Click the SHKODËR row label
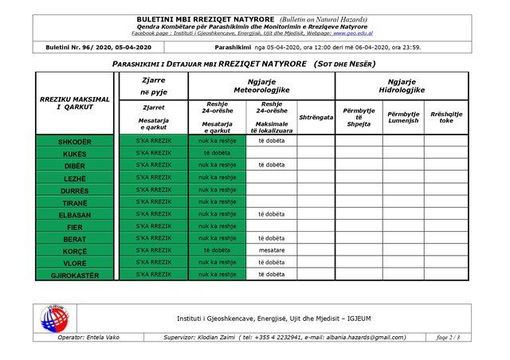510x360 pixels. click(x=75, y=141)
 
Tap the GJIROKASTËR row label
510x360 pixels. click(x=75, y=276)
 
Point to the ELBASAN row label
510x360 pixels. click(x=75, y=214)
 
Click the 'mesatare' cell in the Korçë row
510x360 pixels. click(x=271, y=249)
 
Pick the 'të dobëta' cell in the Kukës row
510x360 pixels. click(x=217, y=153)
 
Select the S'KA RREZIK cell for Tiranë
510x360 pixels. click(x=153, y=202)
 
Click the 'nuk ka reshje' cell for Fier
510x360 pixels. click(x=217, y=226)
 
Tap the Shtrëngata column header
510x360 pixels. click(x=316, y=117)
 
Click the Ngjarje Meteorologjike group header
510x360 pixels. click(x=261, y=85)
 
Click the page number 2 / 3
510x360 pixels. click(x=448, y=337)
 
